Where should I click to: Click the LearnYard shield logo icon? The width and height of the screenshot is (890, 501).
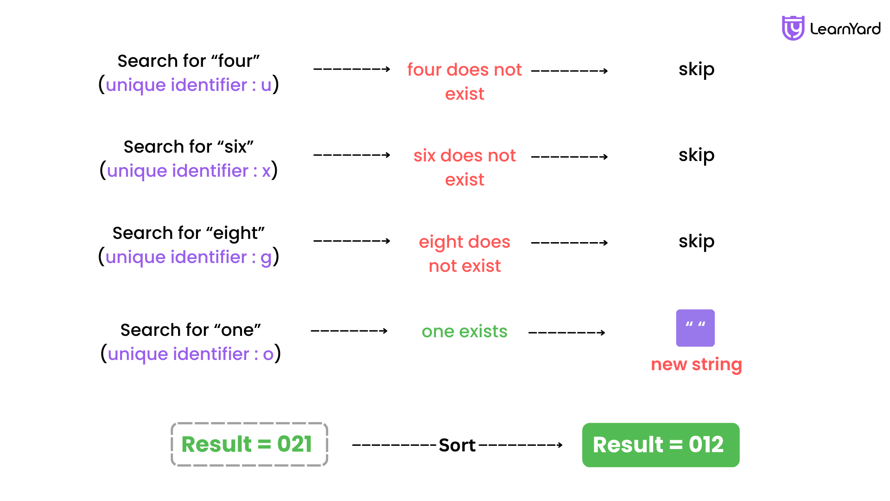(793, 28)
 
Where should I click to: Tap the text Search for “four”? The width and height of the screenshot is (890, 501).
(189, 61)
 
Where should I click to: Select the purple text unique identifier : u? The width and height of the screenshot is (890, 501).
(189, 85)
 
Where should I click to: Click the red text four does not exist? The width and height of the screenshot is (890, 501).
(464, 82)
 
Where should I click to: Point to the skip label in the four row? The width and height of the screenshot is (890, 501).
(696, 70)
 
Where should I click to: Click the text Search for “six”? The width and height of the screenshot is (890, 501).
(189, 147)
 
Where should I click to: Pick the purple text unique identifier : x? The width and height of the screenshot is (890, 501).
(189, 171)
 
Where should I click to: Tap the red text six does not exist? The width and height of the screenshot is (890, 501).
(464, 167)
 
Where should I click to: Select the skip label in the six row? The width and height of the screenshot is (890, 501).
(696, 155)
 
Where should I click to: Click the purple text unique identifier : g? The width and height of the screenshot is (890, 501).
(189, 257)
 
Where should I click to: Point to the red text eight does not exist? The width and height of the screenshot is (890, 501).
(464, 254)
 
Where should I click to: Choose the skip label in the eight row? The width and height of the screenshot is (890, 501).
(696, 242)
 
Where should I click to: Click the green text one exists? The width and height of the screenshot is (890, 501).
(464, 331)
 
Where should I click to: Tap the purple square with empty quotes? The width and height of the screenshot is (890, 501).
(695, 328)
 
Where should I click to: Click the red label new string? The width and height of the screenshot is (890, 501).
(696, 365)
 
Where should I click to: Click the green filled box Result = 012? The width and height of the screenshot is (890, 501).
(661, 445)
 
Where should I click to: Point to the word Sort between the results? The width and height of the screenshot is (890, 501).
(457, 445)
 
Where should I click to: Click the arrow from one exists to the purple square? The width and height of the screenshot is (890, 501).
(567, 333)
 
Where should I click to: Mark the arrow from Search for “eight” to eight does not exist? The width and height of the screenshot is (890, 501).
(352, 241)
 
